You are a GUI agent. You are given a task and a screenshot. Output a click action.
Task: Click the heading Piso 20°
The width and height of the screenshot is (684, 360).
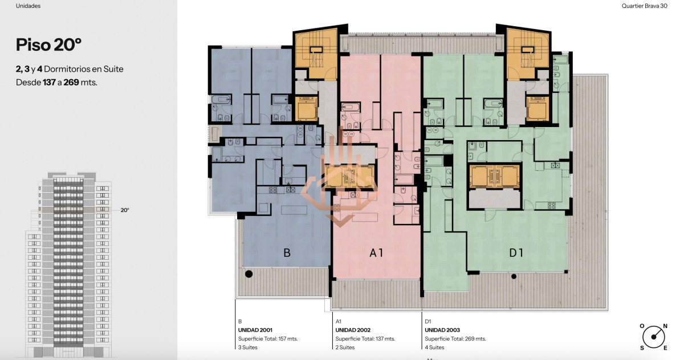tap(48, 45)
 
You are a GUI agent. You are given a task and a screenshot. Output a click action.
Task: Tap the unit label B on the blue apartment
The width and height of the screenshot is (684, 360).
tap(287, 252)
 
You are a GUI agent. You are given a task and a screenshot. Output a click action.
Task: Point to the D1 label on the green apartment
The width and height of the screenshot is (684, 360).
tap(516, 252)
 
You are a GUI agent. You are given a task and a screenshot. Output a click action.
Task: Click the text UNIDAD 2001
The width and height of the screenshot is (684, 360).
tap(255, 330)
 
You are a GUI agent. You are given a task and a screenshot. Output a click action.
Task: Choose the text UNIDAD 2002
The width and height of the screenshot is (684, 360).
tap(353, 330)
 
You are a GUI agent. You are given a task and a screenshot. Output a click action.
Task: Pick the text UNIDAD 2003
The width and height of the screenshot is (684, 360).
tap(442, 330)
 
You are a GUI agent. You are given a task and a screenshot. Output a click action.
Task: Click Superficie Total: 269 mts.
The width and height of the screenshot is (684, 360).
tap(455, 339)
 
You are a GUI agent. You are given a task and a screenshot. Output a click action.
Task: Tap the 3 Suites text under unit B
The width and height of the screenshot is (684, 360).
tap(247, 347)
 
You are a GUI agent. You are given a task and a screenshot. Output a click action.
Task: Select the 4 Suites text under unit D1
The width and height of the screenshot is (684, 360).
tap(434, 347)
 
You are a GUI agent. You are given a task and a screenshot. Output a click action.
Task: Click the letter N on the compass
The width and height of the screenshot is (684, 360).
tap(665, 326)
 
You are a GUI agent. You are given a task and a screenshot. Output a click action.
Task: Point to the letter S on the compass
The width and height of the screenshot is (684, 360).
tap(642, 348)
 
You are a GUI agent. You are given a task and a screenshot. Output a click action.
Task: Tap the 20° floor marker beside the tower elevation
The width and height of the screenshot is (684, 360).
tap(125, 210)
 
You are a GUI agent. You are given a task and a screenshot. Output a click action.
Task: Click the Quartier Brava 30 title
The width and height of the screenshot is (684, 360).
tap(644, 6)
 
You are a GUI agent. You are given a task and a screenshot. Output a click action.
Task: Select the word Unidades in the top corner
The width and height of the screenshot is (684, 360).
tap(28, 6)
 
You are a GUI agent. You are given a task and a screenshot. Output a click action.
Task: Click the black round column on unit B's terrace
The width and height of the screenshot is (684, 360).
tap(249, 274)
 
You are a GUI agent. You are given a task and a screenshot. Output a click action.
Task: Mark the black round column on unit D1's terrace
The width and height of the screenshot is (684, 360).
tap(514, 276)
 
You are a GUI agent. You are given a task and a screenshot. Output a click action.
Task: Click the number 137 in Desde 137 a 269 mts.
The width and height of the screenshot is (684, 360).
tap(49, 83)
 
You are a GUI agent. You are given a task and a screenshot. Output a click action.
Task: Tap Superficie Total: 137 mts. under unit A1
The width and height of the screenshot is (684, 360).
tap(365, 339)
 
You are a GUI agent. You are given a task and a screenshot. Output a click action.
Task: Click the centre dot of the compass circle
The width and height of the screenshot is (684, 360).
tap(653, 337)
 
